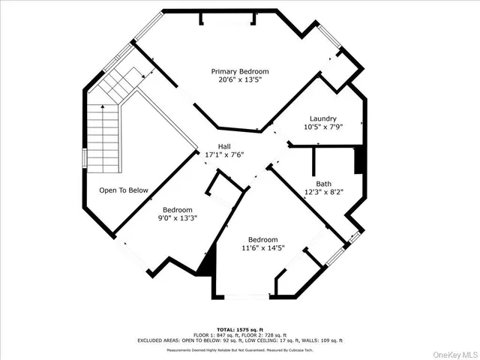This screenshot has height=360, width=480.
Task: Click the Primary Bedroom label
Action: point(239,72)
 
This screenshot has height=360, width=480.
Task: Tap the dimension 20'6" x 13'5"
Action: point(239,82)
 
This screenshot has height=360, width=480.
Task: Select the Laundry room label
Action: point(323,118)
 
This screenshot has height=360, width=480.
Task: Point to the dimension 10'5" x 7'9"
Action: point(323,127)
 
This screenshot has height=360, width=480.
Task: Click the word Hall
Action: point(224,146)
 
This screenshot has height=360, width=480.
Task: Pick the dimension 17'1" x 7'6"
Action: point(224,155)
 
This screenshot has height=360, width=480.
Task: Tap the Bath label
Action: point(323,184)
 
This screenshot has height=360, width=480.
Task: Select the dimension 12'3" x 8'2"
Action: point(323,193)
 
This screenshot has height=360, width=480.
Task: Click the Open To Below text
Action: point(124,190)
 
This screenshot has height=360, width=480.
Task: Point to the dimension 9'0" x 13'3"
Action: point(178,218)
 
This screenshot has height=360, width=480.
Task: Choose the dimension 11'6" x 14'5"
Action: point(263,248)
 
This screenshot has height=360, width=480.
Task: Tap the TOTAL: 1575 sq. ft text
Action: point(239,329)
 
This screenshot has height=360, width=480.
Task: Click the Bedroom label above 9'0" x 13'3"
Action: point(178,209)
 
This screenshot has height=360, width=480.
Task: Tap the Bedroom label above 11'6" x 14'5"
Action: point(263,239)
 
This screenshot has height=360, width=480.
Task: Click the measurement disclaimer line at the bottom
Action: point(239,349)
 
